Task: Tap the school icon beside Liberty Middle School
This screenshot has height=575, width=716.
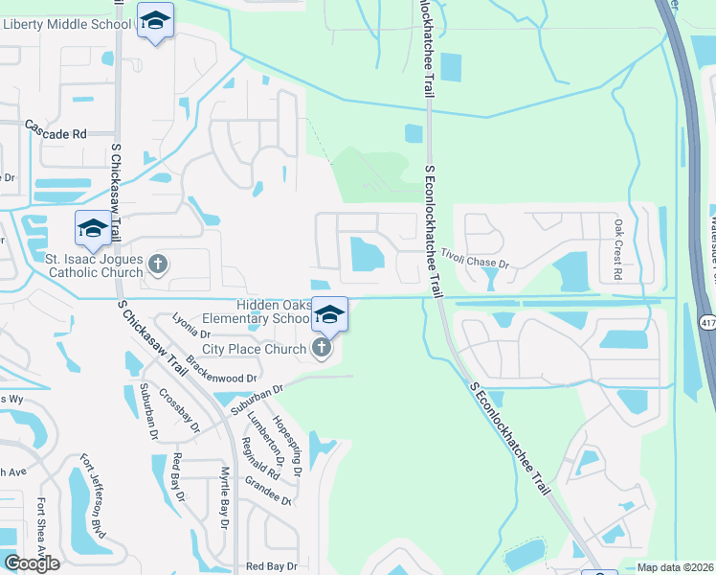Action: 154,21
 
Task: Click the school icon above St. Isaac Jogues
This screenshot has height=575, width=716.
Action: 93,229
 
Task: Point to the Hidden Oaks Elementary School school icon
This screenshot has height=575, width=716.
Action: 329,314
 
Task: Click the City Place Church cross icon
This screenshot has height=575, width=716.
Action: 322,349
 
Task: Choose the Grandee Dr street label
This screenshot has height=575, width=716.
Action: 268,496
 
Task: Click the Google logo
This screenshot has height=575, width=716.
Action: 32,563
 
